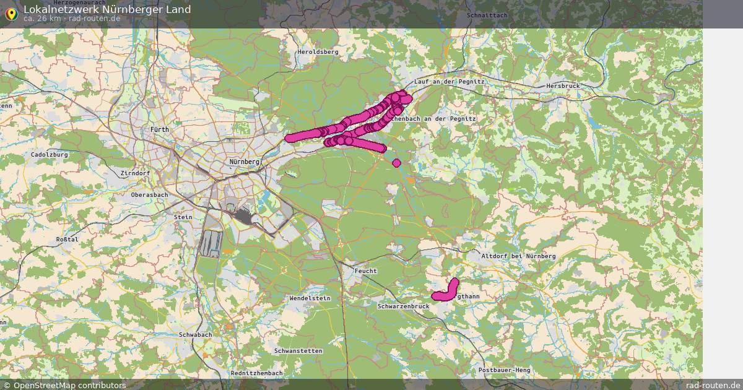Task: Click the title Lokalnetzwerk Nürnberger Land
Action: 106,9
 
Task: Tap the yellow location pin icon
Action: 11,13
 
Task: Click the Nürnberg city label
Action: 244,162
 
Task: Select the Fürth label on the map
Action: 160,129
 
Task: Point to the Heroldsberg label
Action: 318,53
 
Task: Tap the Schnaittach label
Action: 486,14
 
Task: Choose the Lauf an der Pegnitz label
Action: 449,82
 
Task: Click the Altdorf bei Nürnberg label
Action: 518,256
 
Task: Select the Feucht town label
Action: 365,271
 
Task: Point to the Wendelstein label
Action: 310,298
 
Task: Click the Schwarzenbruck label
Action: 403,306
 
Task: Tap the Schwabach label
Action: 195,334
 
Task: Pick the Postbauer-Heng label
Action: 505,370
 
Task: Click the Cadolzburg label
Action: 49,154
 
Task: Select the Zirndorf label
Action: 136,173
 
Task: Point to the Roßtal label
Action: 67,239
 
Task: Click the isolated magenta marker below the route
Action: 396,163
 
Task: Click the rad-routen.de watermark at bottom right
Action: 713,385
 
